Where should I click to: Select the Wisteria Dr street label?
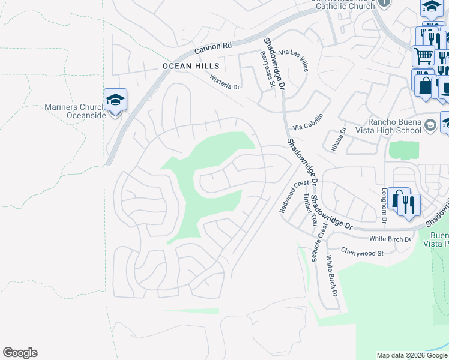coord(224,82)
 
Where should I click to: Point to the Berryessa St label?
coord(267,68)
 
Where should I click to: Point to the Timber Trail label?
coord(310,209)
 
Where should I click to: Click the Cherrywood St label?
coord(362,253)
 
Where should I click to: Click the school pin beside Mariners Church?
coord(115,100)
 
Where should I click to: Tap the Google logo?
coord(20,353)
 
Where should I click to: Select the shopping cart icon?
coord(423,56)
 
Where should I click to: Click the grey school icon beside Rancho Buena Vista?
coord(430,125)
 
